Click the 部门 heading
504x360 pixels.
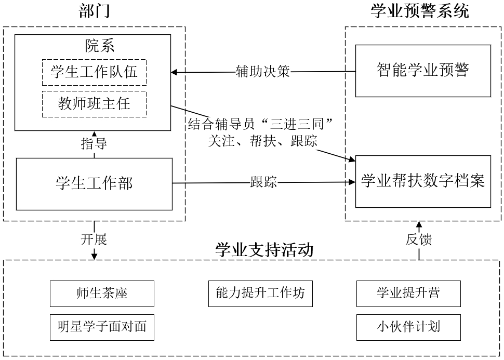coord(94,11)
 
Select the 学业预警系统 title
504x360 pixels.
coord(419,11)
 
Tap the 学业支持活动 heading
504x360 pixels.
coord(264,250)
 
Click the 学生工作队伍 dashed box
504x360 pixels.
coord(94,72)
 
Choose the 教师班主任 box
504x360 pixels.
coord(94,104)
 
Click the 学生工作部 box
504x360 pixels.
coord(94,184)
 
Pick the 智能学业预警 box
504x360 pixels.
coord(422,71)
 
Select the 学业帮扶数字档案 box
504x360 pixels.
coord(422,181)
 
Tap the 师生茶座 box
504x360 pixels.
coord(102,294)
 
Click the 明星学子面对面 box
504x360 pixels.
coord(102,327)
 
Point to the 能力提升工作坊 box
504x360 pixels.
coord(260,294)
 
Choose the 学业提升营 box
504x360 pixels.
coord(408,294)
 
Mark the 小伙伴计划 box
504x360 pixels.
coord(408,327)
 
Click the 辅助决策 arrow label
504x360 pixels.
coord(262,72)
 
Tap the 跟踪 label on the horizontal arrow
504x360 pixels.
coord(263,182)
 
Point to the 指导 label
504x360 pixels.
coord(94,144)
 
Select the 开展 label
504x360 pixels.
coord(94,239)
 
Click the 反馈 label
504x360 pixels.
coord(418,239)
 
